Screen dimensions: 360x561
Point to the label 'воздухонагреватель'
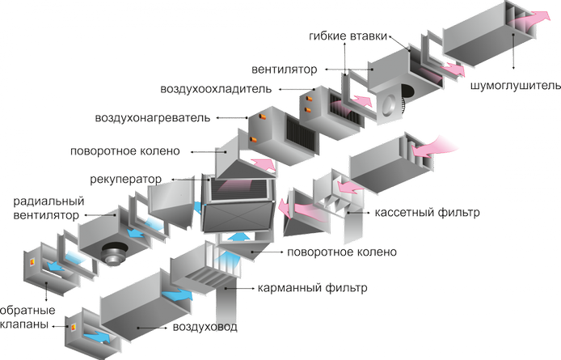pyautogui.click(x=153, y=118)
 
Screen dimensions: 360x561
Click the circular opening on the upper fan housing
pyautogui.click(x=390, y=100)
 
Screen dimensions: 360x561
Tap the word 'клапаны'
pyautogui.click(x=25, y=326)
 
